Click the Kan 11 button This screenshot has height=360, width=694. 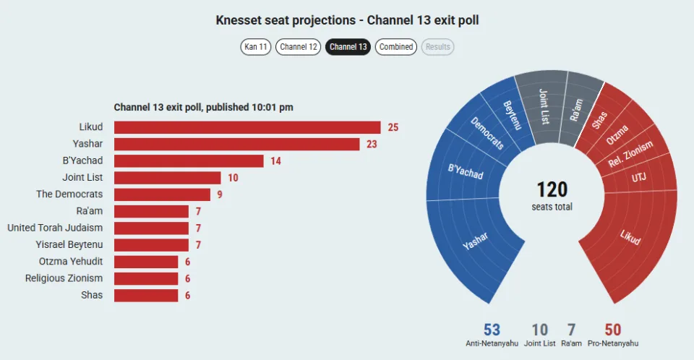[x=255, y=47]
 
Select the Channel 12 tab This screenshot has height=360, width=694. [x=299, y=47]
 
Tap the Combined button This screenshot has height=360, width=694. [x=395, y=47]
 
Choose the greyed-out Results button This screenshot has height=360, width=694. [x=438, y=47]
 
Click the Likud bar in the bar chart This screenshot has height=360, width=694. [x=247, y=127]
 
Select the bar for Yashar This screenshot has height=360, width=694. [x=237, y=144]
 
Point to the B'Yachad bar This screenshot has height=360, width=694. [x=189, y=160]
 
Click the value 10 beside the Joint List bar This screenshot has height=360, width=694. [x=234, y=178]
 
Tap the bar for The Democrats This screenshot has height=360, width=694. [x=162, y=194]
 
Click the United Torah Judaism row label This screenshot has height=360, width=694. [x=55, y=228]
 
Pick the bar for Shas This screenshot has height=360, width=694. [x=146, y=296]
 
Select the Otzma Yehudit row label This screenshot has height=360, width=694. [x=71, y=261]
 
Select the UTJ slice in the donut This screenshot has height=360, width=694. [x=638, y=178]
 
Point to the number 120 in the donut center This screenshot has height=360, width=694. [x=552, y=189]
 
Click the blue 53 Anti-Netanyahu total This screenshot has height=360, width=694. [x=492, y=330]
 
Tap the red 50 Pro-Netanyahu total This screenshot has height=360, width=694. [x=613, y=330]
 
